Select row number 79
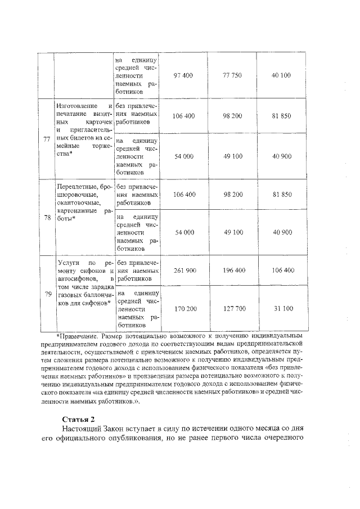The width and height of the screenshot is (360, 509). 47,294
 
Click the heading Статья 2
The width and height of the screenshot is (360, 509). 79,420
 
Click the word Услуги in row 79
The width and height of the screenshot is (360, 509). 69,263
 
